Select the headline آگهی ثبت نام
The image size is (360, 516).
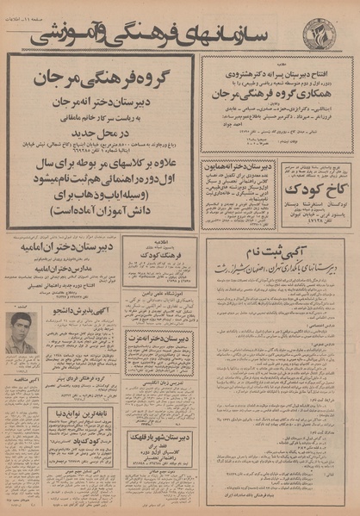[279, 249]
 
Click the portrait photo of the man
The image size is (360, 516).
[22, 333]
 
